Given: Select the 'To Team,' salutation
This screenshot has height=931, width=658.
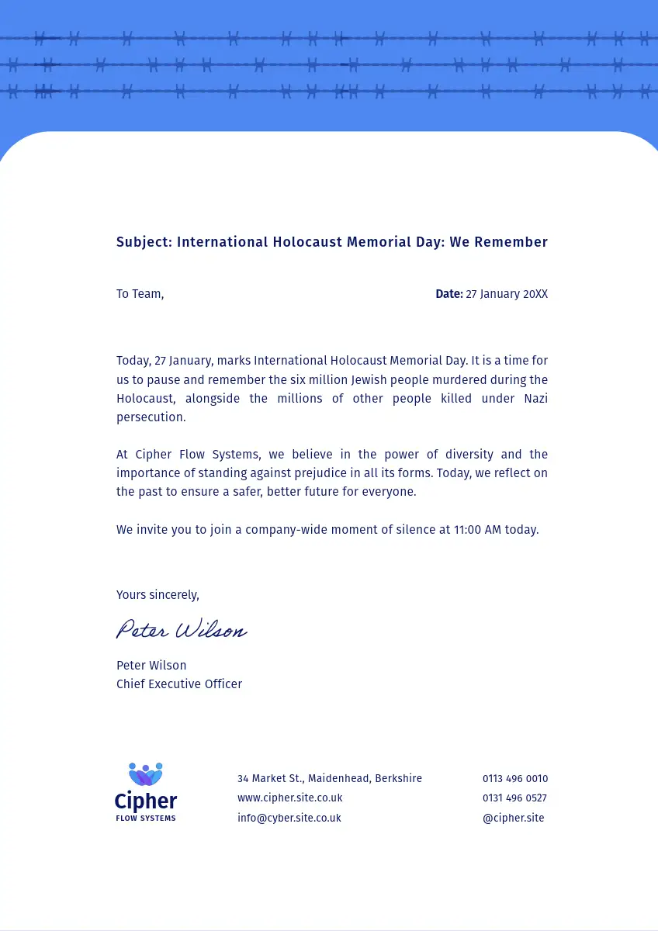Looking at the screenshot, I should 140,294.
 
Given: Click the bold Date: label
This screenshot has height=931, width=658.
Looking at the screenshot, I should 448,294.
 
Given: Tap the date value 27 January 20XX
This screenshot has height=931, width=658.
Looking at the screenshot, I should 507,294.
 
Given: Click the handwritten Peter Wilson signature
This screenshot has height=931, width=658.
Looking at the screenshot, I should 182,630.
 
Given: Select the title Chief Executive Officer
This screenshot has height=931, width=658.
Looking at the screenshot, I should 179,684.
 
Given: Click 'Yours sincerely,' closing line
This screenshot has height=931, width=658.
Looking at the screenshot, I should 158,595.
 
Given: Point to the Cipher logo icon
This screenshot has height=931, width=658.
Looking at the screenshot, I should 146,774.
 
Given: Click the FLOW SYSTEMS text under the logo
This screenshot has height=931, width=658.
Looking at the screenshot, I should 146,819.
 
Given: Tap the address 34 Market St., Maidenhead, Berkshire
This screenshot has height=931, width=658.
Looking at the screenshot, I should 330,778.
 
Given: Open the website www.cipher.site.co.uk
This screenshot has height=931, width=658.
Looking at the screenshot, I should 289,798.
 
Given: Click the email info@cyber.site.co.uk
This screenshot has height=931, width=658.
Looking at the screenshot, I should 289,818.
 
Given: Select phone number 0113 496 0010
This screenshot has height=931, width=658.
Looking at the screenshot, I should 515,778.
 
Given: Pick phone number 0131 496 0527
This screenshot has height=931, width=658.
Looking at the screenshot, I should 514,798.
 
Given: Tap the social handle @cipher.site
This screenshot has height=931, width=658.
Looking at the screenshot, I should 513,818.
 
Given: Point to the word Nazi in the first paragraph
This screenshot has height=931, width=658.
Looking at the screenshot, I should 535,399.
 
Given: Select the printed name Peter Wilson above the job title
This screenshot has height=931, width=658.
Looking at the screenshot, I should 151,666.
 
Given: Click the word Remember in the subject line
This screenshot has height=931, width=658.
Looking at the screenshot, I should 509,242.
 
